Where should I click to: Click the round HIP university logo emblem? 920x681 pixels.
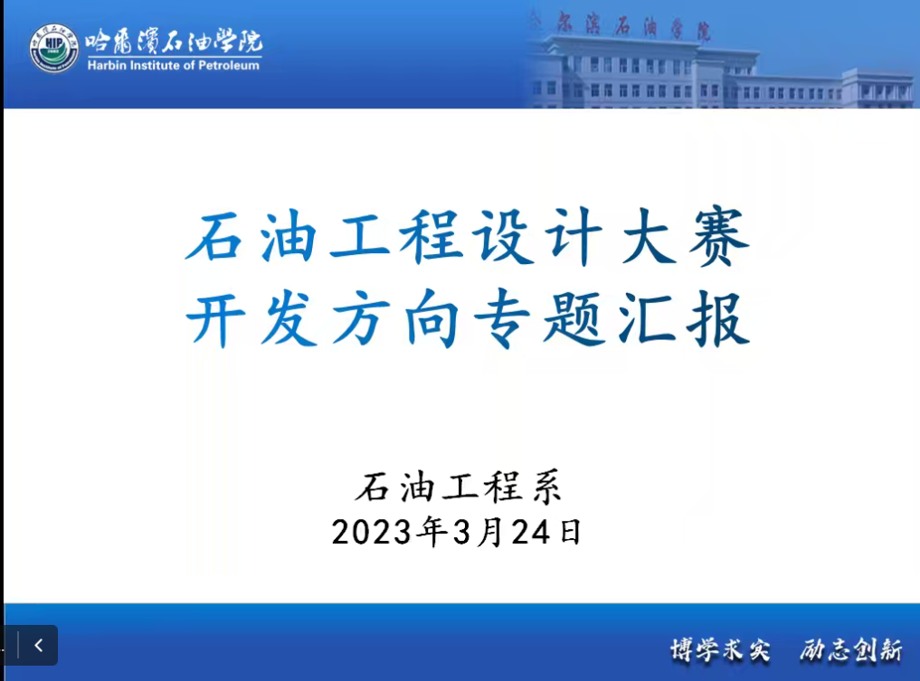(x=54, y=48)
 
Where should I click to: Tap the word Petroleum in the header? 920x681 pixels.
(x=229, y=65)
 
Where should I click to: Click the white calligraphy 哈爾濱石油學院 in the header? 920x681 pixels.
(x=174, y=41)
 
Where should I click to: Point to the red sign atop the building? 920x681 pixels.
(x=633, y=27)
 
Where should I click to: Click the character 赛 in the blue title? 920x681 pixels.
(x=719, y=237)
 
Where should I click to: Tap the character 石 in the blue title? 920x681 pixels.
(x=214, y=237)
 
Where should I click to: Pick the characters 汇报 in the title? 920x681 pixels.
(x=684, y=319)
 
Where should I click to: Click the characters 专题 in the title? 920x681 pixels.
(x=539, y=319)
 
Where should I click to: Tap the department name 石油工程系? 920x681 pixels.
(x=459, y=487)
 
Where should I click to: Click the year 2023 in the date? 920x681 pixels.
(x=372, y=533)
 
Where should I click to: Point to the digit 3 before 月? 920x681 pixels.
(x=462, y=533)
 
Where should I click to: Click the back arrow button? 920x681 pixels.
(x=39, y=645)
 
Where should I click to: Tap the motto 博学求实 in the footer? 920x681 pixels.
(x=720, y=650)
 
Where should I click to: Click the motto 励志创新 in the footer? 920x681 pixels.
(x=851, y=650)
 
